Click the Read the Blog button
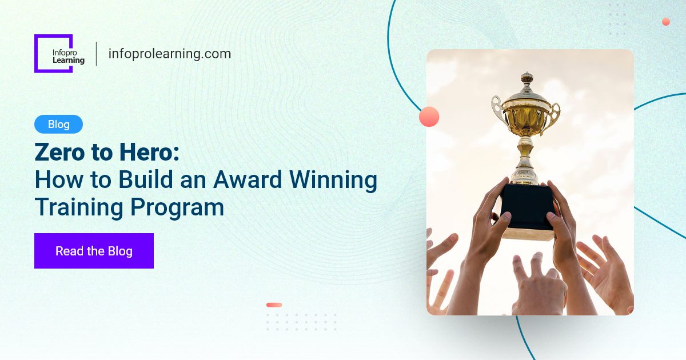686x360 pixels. pyautogui.click(x=94, y=251)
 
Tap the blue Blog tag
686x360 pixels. pyautogui.click(x=58, y=124)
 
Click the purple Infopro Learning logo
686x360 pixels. pyautogui.click(x=54, y=54)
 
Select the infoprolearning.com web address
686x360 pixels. pyautogui.click(x=169, y=54)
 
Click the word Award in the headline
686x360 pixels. pyautogui.click(x=248, y=180)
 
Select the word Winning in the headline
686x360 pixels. pyautogui.click(x=333, y=180)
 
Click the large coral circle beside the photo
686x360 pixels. pyautogui.click(x=429, y=117)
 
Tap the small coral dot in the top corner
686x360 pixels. pyautogui.click(x=665, y=22)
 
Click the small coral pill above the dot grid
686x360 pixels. pyautogui.click(x=274, y=305)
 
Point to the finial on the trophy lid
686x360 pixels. pyautogui.click(x=527, y=77)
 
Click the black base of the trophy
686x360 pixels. pyautogui.click(x=527, y=206)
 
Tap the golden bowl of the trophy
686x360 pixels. pyautogui.click(x=526, y=117)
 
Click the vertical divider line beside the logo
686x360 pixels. pyautogui.click(x=96, y=54)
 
